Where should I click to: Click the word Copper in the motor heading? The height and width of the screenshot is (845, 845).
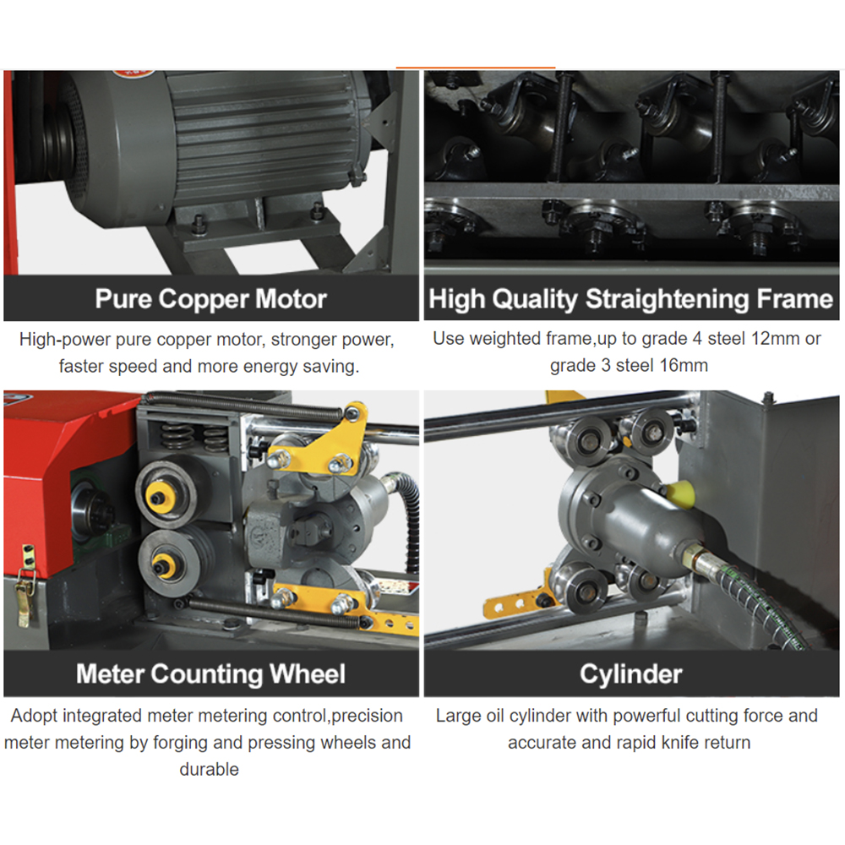point(203,300)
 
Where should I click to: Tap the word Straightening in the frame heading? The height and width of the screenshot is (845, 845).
point(668,300)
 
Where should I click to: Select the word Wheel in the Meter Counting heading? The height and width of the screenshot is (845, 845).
point(308,673)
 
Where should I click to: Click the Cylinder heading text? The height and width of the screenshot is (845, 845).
point(631,674)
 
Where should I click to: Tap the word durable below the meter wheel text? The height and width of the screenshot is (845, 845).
point(209,769)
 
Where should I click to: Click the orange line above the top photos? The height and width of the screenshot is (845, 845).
point(475,68)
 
